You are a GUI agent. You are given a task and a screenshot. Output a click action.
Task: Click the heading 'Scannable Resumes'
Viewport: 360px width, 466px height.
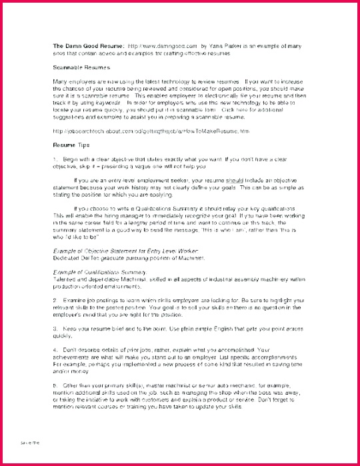pos(81,67)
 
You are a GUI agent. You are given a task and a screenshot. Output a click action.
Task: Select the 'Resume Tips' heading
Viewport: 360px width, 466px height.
pos(71,144)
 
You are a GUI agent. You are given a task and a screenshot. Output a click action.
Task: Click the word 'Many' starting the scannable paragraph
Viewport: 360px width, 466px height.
pos(60,81)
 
